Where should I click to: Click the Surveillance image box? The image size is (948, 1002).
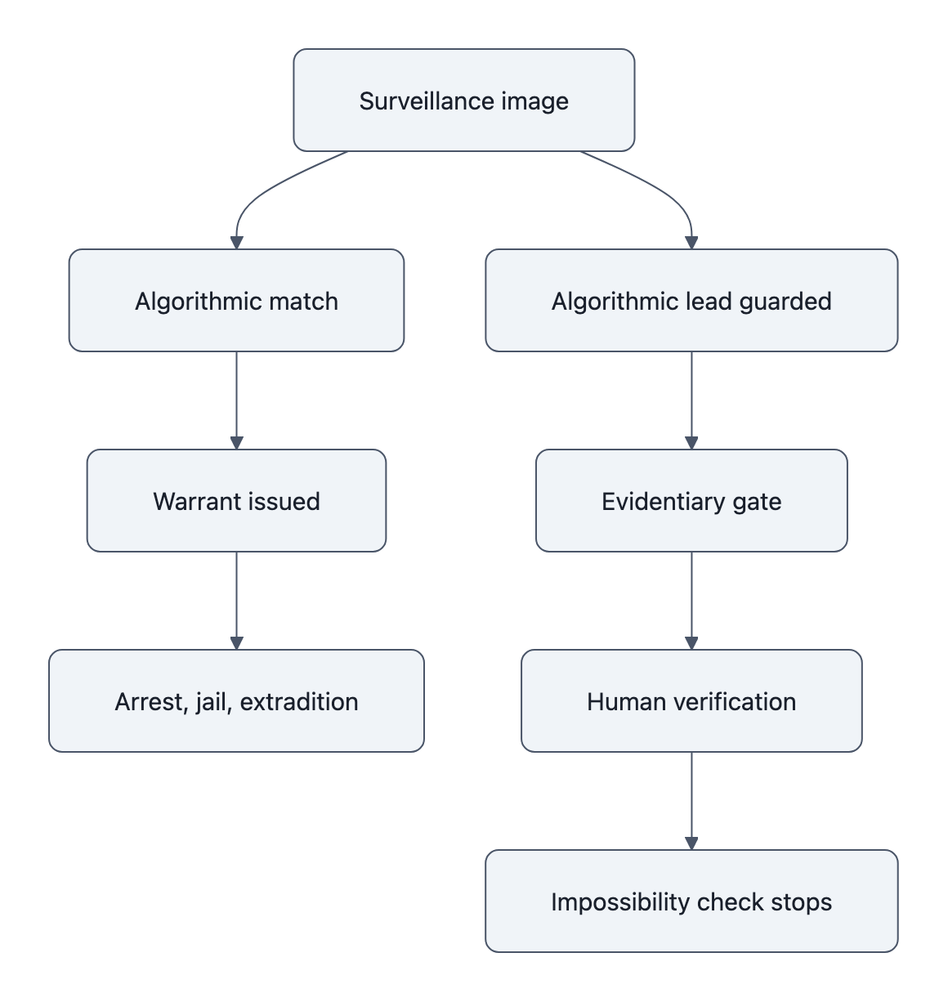tap(463, 101)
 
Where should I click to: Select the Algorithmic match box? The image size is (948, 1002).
tap(236, 301)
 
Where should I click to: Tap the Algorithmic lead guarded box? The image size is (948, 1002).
tap(691, 301)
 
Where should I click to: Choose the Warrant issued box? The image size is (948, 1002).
tap(236, 501)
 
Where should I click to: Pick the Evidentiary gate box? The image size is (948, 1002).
tap(691, 501)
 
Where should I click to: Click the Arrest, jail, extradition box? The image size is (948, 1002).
tap(236, 701)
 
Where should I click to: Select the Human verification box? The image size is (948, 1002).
tap(691, 701)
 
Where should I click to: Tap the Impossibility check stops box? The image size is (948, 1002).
tap(691, 901)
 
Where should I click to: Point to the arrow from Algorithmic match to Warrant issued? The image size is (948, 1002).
tap(236, 400)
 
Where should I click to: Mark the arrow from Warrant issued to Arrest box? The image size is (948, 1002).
tap(236, 601)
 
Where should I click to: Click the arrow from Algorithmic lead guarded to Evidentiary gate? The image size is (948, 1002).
tap(691, 400)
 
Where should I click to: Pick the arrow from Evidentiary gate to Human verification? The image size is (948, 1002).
tap(691, 601)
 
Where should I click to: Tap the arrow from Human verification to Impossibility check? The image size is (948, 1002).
tap(691, 801)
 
